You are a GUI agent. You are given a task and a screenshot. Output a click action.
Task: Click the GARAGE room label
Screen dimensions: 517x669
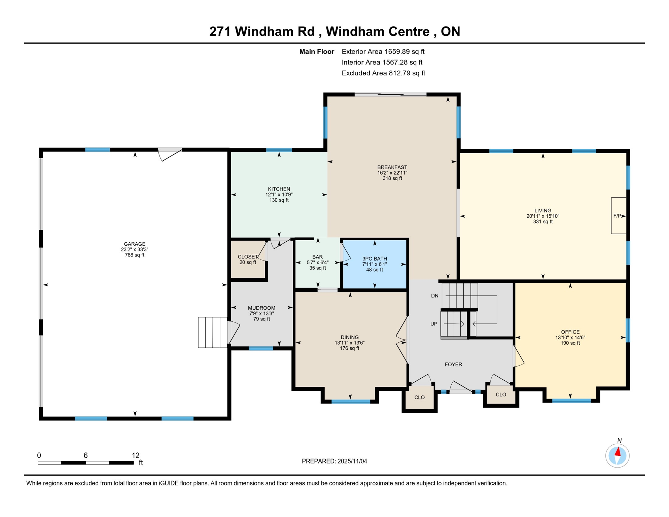pos(134,244)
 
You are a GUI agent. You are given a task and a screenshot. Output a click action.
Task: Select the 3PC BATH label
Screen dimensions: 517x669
pos(375,258)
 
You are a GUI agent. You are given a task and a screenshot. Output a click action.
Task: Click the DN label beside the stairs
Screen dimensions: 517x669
pos(434,296)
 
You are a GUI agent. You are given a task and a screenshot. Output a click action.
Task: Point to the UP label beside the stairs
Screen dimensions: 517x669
pos(434,324)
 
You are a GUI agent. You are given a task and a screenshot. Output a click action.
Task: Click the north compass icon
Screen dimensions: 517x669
pos(617,456)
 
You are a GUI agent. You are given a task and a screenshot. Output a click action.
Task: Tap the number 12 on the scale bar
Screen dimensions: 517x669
pos(136,455)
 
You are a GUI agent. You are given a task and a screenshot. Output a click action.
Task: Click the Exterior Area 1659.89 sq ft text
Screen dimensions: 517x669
pos(383,51)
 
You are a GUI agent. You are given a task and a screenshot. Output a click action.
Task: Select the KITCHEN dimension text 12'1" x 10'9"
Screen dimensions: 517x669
pos(279,195)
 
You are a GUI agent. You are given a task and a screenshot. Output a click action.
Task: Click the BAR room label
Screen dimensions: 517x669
pos(317,257)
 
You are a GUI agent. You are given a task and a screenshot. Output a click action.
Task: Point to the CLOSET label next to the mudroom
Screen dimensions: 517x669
pos(248,257)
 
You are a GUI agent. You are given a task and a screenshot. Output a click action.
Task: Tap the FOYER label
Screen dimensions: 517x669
pos(453,364)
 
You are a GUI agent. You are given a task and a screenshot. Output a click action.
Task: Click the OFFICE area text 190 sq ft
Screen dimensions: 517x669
pos(570,343)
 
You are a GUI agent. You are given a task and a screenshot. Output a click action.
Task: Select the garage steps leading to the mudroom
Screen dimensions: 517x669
pos(212,332)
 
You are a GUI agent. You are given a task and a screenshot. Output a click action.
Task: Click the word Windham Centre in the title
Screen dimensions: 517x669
pos(378,31)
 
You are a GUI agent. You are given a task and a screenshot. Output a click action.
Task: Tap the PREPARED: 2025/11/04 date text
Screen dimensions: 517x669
pos(334,461)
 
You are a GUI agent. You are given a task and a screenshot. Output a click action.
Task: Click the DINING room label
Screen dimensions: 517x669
pos(350,337)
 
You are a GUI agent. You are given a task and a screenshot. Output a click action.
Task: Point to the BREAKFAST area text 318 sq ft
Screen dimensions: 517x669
pos(392,178)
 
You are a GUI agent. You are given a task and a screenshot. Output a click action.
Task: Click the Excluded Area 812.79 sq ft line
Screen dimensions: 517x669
pos(383,73)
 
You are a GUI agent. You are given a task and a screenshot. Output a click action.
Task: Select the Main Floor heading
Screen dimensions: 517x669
pos(317,51)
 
